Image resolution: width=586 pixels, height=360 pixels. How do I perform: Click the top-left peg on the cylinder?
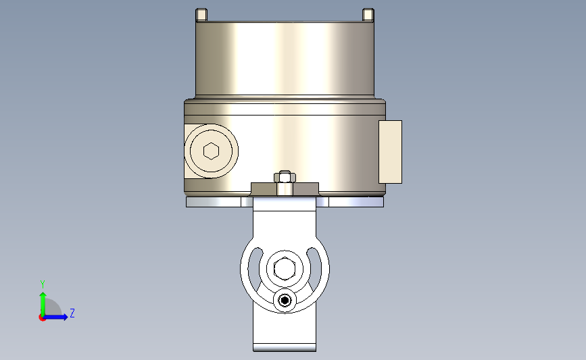[x=201, y=15]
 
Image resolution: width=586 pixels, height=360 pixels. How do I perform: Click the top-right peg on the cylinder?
[x=368, y=15]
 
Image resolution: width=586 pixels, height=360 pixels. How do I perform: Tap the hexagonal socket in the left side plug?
[x=211, y=151]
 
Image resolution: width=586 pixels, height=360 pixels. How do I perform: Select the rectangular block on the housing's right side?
[x=390, y=152]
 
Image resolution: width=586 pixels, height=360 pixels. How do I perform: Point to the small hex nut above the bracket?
[x=285, y=177]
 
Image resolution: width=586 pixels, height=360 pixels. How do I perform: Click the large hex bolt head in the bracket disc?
[x=285, y=269]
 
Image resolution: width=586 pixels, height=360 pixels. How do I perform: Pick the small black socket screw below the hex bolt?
[x=285, y=301]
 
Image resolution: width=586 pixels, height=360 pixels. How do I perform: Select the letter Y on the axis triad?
[x=43, y=284]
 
